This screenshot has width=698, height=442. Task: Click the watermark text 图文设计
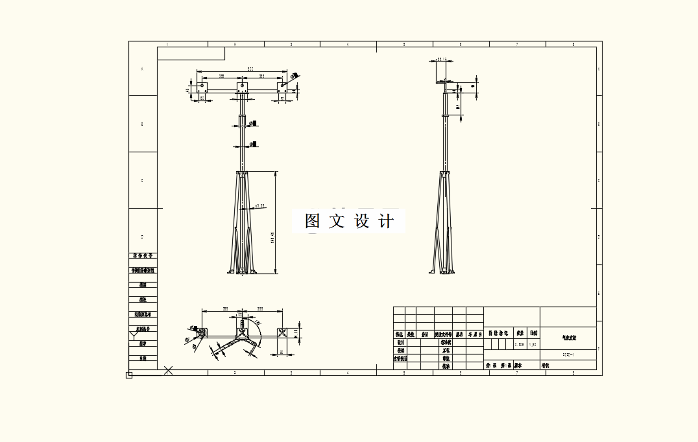[350, 221]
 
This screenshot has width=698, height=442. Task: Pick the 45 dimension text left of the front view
[187, 91]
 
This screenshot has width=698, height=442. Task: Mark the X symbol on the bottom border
[168, 370]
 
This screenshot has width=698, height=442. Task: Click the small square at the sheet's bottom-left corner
[129, 375]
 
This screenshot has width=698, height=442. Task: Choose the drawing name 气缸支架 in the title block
[568, 338]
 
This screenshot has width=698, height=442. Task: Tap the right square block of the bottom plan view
[282, 332]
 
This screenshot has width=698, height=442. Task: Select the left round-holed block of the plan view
[202, 332]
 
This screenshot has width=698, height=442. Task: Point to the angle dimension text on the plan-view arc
[258, 323]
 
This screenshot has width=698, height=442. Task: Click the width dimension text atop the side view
[442, 59]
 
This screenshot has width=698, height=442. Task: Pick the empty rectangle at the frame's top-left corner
[191, 53]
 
